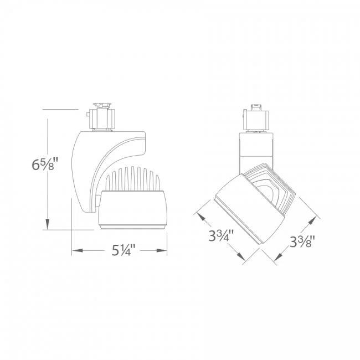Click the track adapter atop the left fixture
102,116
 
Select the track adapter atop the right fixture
256,117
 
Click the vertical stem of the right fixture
256,147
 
